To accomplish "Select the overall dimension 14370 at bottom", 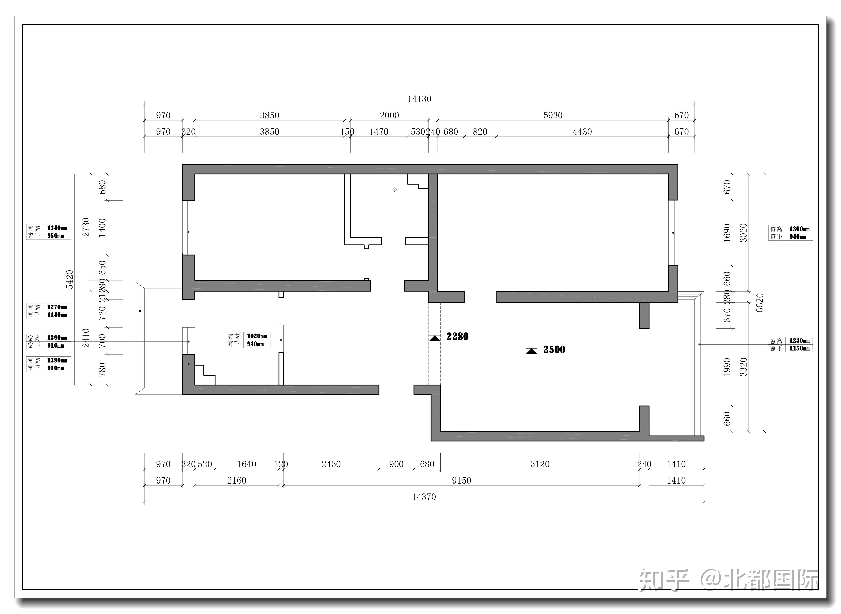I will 424,497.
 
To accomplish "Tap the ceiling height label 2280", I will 458,337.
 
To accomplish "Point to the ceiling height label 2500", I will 554,350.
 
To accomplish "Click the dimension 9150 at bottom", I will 461,481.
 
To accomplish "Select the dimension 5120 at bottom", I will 540,464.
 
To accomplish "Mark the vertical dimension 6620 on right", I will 760,303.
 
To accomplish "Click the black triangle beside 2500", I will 531,351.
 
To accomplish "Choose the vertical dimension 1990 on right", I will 727,367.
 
